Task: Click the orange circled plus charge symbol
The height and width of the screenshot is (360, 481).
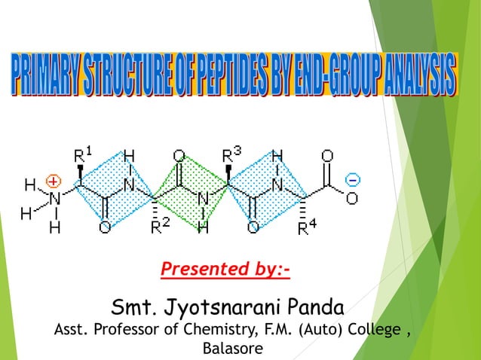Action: click(x=53, y=181)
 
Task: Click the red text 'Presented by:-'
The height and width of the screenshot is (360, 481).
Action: click(x=225, y=269)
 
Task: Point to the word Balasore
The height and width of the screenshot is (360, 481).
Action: click(x=234, y=349)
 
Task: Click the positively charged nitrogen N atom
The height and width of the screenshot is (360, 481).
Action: click(x=54, y=198)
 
